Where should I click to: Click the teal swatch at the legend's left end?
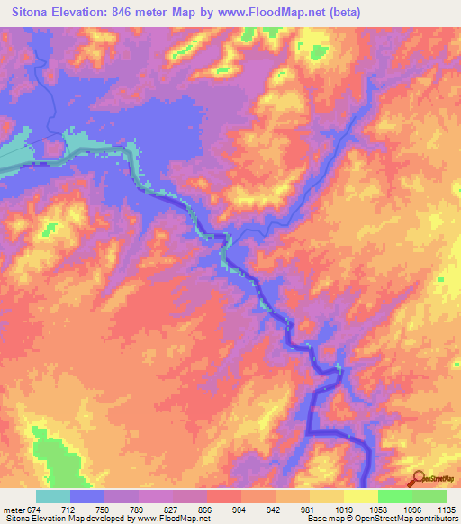tap(53, 496)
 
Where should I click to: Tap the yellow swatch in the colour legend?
tap(361, 496)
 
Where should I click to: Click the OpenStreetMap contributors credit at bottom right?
tap(406, 519)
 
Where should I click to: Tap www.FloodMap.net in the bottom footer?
tap(176, 519)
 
